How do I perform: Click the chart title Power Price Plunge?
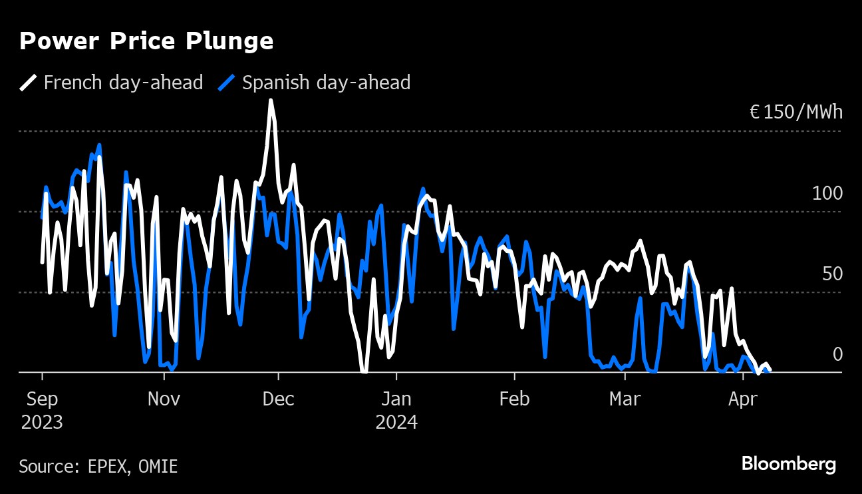pyautogui.click(x=146, y=41)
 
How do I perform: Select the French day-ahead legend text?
pyautogui.click(x=123, y=83)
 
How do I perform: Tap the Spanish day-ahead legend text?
pyautogui.click(x=326, y=83)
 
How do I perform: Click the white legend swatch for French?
pyautogui.click(x=28, y=83)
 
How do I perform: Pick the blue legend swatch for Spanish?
pyautogui.click(x=227, y=83)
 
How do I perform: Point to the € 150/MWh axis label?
pyautogui.click(x=795, y=112)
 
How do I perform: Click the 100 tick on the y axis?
pyautogui.click(x=827, y=194)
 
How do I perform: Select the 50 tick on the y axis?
pyautogui.click(x=831, y=274)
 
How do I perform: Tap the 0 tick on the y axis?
pyautogui.click(x=837, y=355)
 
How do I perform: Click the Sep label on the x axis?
pyautogui.click(x=41, y=399)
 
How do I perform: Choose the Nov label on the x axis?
pyautogui.click(x=164, y=399)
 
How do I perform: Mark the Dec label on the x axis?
pyautogui.click(x=279, y=399)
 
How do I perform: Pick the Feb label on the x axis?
pyautogui.click(x=514, y=399)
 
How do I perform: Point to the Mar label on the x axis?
pyautogui.click(x=625, y=399)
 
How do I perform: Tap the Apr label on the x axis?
pyautogui.click(x=742, y=399)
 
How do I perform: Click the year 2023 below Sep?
pyautogui.click(x=42, y=423)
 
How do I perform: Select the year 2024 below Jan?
pyautogui.click(x=396, y=423)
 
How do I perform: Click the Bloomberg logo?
pyautogui.click(x=789, y=464)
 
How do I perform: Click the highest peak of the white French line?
pyautogui.click(x=271, y=101)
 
